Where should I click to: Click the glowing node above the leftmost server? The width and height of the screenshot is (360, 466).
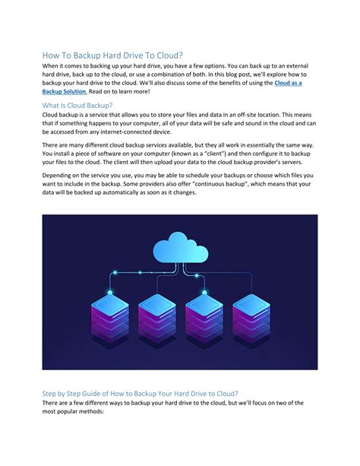pyautogui.click(x=110, y=291)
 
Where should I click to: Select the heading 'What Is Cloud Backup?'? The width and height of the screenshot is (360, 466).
pyautogui.click(x=77, y=104)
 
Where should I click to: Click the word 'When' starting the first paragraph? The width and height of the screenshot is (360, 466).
pyautogui.click(x=51, y=67)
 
